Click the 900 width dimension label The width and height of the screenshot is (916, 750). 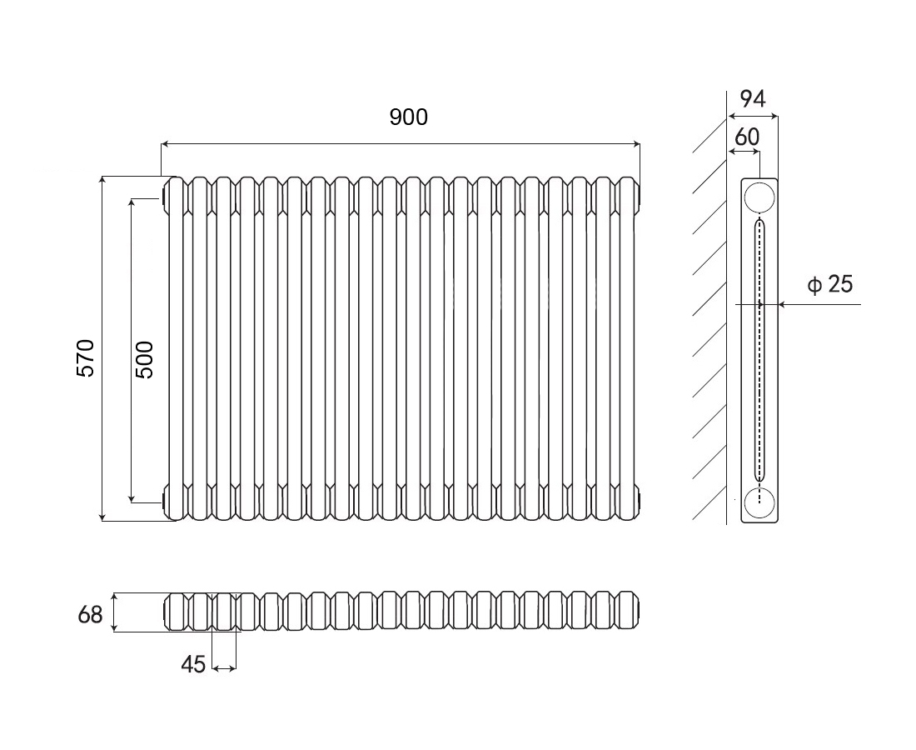408,117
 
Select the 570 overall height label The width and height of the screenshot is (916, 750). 87,357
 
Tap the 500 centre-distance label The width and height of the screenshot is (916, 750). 144,359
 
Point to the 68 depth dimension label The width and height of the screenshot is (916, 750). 90,615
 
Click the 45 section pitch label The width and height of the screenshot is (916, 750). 193,665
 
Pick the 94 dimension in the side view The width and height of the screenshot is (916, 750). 753,99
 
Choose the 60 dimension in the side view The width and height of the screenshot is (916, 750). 747,136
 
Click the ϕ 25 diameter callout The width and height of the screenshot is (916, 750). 830,285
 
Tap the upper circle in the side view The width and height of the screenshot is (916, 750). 759,197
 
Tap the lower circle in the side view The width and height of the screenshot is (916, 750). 759,502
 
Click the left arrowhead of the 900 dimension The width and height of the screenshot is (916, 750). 164,145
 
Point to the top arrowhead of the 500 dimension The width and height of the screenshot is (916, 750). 132,202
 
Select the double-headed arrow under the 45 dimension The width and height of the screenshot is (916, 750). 224,667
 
